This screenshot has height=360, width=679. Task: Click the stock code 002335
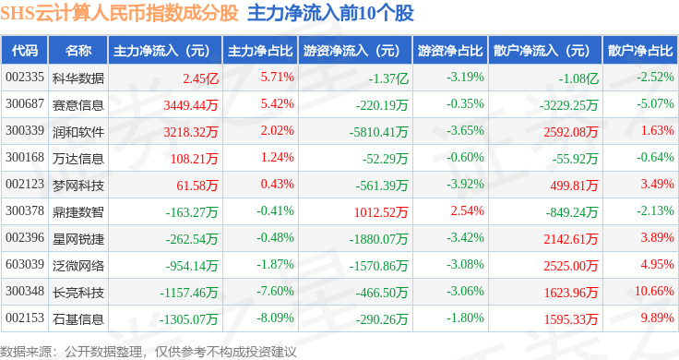pos(25,78)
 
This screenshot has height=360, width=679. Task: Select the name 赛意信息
pos(77,105)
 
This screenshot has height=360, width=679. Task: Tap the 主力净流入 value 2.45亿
pos(200,78)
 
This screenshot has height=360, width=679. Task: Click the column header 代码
pos(25,51)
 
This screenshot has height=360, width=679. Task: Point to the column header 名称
pos(78,51)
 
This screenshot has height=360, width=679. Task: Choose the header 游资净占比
pos(450,51)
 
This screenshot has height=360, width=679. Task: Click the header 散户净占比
pos(640,51)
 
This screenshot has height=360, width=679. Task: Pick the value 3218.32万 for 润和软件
pos(191,132)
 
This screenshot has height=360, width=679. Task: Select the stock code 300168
pos(25,157)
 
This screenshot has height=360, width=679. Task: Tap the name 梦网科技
pos(77,186)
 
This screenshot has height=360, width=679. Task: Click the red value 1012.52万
pos(381,212)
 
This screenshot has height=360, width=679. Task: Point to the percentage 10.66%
pos(654,291)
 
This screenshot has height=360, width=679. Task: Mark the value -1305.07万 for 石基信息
pos(188,319)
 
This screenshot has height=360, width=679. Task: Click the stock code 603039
pos(25,264)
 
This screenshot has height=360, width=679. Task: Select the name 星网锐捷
pos(77,239)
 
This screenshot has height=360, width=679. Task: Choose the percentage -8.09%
pos(276,318)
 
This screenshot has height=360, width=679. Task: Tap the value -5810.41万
pos(379,132)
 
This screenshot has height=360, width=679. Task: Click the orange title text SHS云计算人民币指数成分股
pos(120,13)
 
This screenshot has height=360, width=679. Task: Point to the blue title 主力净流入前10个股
pos(331,13)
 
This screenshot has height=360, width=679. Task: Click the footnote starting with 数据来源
pos(149,352)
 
